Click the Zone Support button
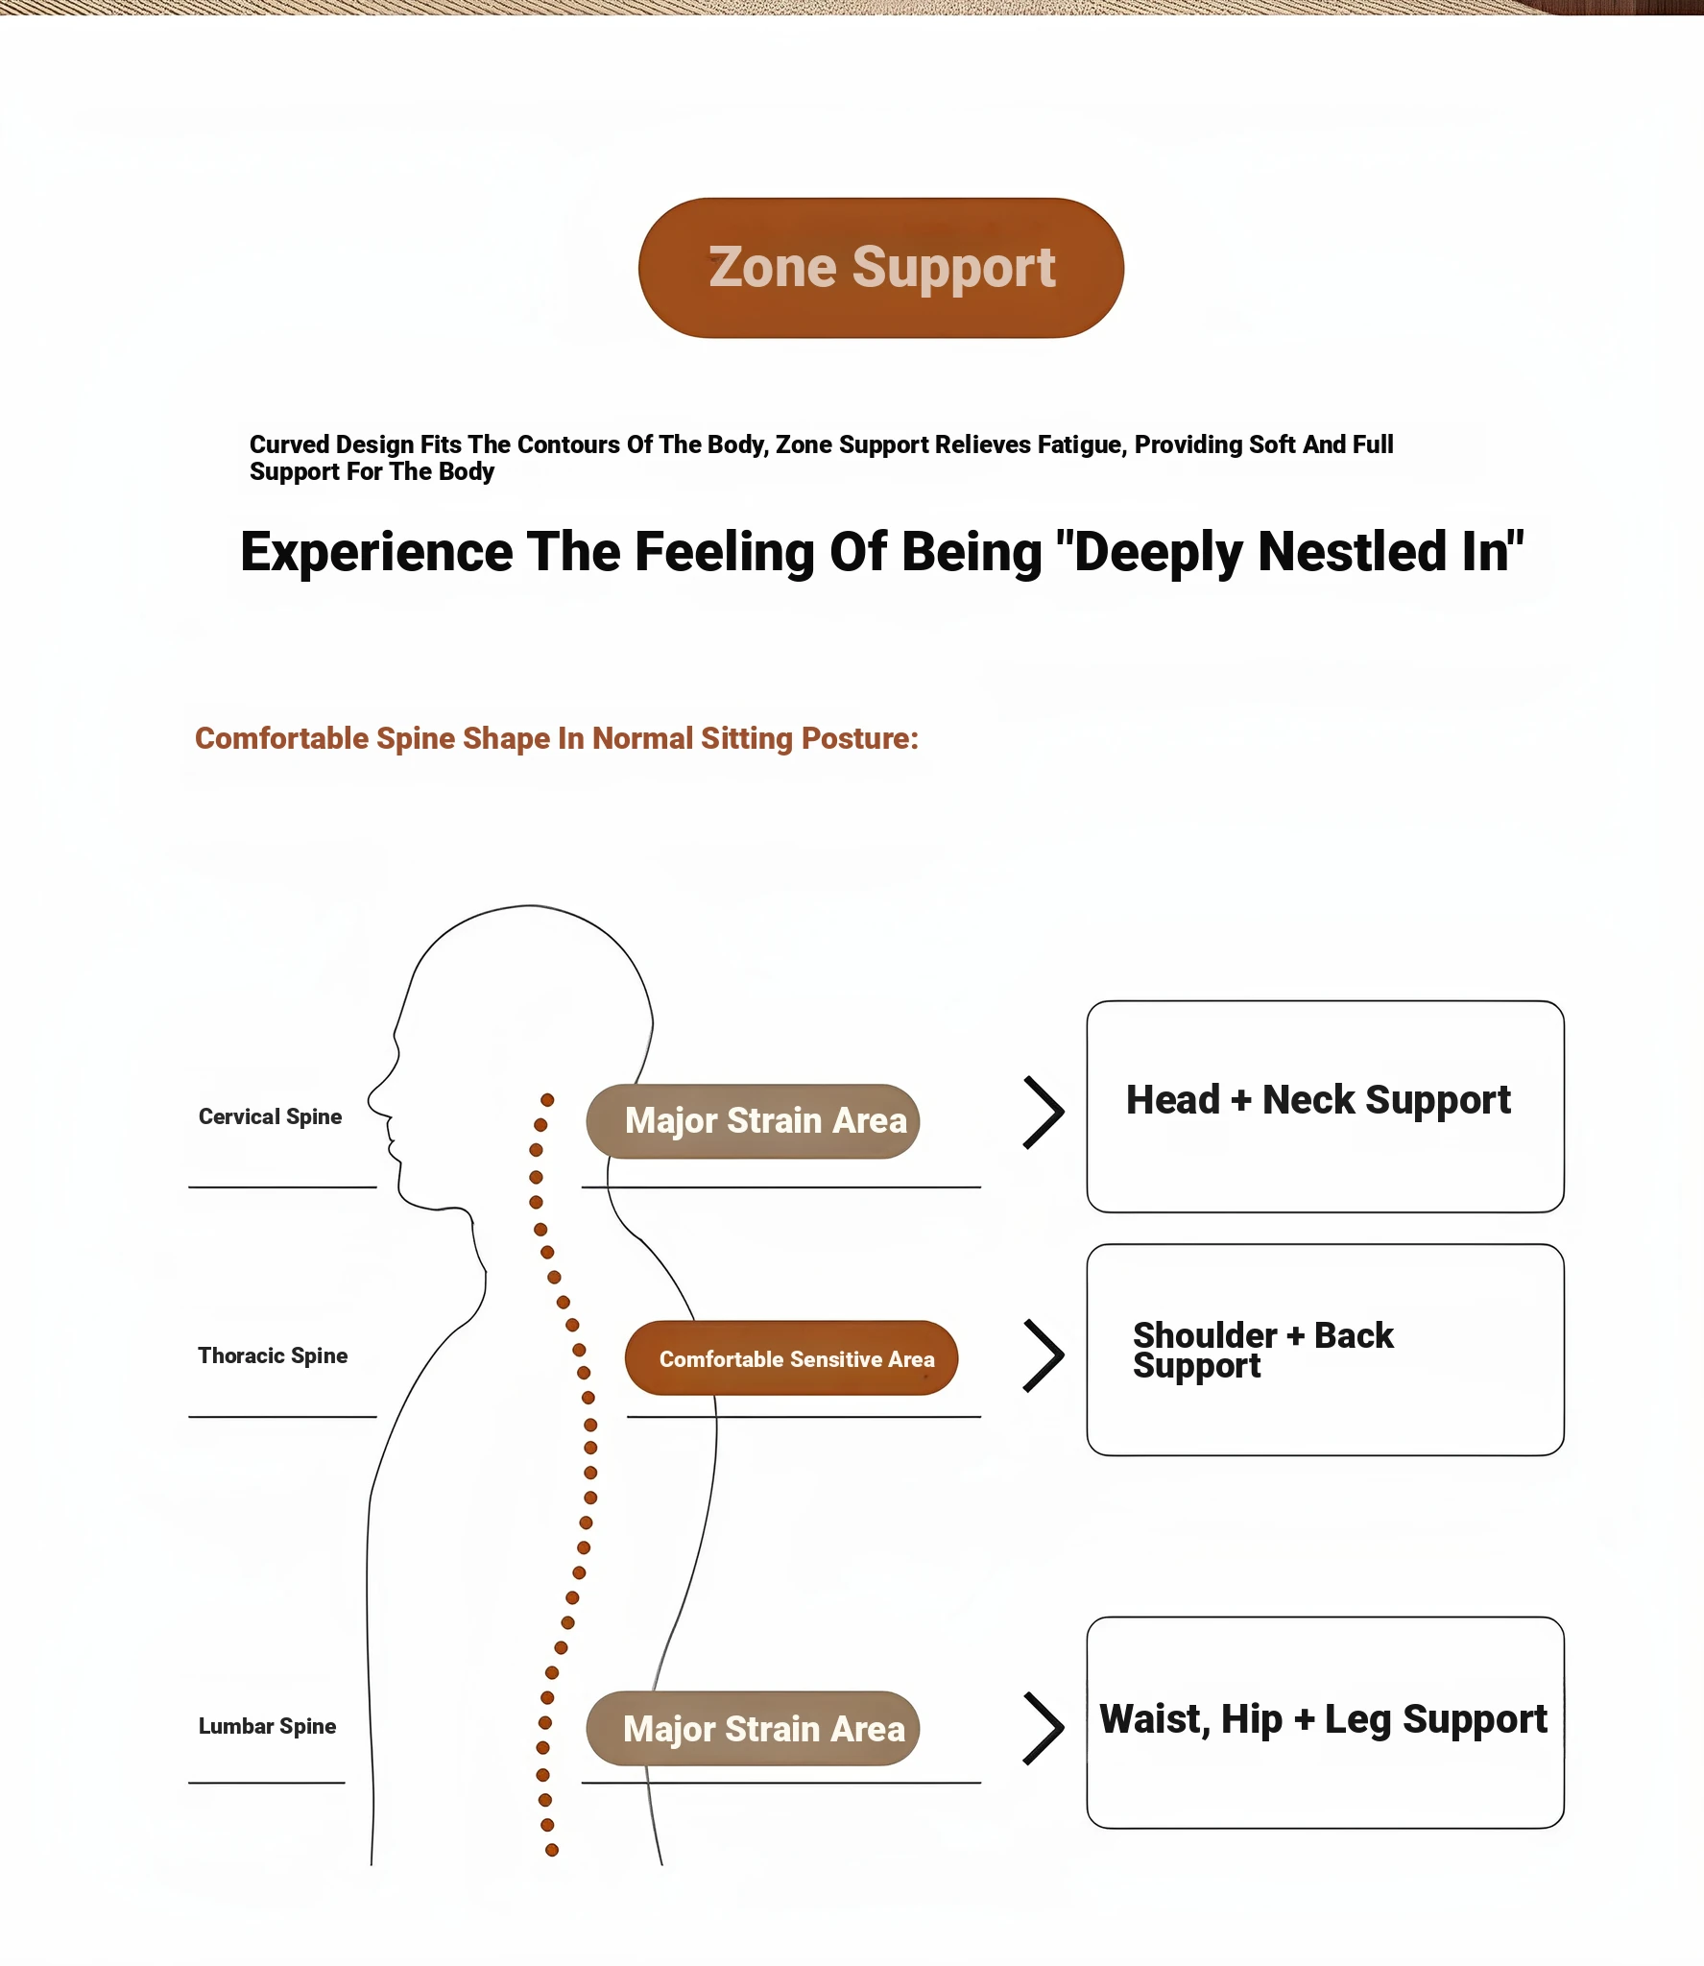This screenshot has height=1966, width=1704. (880, 268)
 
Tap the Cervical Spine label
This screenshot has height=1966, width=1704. (270, 1116)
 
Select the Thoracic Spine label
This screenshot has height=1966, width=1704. (273, 1355)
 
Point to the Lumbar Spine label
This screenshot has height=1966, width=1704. (267, 1726)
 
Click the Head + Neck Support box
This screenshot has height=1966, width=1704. (1325, 1107)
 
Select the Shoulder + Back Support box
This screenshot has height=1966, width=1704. (1325, 1350)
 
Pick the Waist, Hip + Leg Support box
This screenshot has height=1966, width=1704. (1325, 1723)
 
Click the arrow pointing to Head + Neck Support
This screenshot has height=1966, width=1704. (1044, 1112)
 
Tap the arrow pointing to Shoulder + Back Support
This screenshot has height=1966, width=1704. (1044, 1355)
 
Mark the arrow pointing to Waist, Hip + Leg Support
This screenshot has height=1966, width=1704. (1044, 1728)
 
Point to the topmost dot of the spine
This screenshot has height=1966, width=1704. (547, 1099)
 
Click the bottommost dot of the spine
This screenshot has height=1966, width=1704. (552, 1850)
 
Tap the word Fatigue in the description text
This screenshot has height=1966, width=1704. (1079, 444)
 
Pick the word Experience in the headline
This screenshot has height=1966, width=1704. (376, 554)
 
